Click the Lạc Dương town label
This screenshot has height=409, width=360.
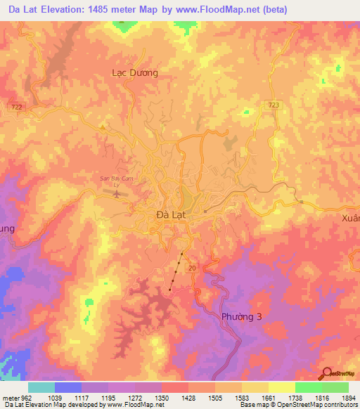pos(135,72)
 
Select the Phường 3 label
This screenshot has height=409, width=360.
pos(241,317)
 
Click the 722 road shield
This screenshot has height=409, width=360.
pos(15,105)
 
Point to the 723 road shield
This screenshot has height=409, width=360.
pos(274,105)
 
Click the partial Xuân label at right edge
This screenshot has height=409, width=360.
pos(350,219)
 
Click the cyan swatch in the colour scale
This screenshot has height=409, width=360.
pos(41,387)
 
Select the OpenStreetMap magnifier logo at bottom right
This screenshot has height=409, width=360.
pos(327,374)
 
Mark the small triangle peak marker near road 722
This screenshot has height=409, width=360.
pos(103,127)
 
